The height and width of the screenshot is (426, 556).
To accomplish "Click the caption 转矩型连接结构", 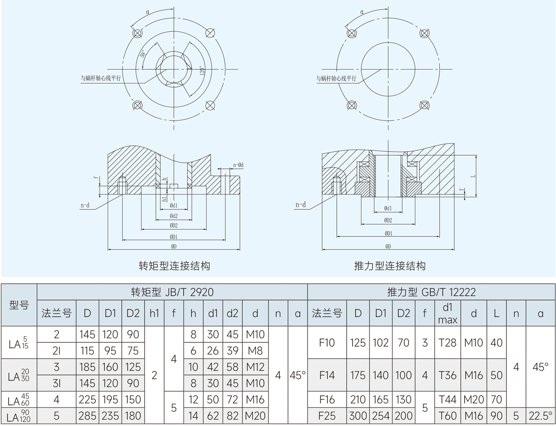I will tap(174, 266).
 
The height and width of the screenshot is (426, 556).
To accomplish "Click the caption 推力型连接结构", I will tap(390, 266).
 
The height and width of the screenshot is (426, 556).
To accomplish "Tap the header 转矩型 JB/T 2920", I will tap(172, 292).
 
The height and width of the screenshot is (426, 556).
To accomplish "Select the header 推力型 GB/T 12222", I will tap(431, 292).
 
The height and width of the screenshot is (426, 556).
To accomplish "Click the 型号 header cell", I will tap(19, 305).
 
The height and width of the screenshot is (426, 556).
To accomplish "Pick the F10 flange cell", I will tap(327, 343).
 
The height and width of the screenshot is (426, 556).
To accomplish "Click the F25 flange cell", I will tap(327, 416).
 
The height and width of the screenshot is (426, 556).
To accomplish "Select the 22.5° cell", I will tap(541, 416).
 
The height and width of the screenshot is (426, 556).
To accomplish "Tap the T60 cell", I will tap(448, 416).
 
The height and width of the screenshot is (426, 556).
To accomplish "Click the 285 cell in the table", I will tap(88, 416).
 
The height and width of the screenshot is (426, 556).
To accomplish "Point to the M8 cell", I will tap(255, 350).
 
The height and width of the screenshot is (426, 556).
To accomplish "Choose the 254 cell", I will tap(381, 416).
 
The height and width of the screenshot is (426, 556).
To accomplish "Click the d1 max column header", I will tap(448, 314).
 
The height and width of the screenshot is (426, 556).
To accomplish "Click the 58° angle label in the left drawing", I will tap(143, 54).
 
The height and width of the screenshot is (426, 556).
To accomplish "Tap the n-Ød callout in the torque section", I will tap(238, 165).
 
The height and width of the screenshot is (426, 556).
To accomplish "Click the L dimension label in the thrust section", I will tap(473, 176).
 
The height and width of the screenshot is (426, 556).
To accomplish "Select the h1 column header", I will tap(154, 314).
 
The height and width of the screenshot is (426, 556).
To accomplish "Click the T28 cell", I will tap(448, 343).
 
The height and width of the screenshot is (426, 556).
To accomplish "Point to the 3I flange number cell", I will tap(57, 383).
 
